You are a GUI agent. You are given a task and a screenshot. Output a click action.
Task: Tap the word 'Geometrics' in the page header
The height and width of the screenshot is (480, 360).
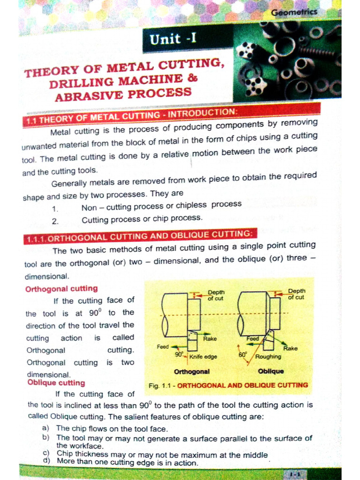coord(294,12)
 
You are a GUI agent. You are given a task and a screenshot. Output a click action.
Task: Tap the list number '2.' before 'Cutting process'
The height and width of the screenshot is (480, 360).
coord(55,221)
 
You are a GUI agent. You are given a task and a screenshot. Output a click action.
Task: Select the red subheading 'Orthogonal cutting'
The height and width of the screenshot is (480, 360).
coord(61,289)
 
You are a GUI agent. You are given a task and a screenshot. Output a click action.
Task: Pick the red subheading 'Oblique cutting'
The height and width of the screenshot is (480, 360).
coord(56,383)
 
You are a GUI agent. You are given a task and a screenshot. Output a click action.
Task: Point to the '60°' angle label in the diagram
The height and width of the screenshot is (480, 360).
coord(242,355)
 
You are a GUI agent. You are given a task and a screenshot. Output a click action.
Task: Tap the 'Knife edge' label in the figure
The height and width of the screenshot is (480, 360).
coord(203,357)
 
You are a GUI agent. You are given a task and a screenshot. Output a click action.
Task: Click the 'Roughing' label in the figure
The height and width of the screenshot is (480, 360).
coord(268,356)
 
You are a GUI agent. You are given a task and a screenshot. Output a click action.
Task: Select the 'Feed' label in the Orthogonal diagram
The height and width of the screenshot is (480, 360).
coord(163,347)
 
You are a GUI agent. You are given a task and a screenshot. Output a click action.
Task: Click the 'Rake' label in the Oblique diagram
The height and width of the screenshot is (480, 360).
coord(290,348)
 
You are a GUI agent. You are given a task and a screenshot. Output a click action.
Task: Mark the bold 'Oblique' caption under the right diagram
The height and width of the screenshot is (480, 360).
coord(271,371)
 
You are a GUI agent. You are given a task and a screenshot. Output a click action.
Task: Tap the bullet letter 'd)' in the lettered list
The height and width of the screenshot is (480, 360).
coord(46,461)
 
